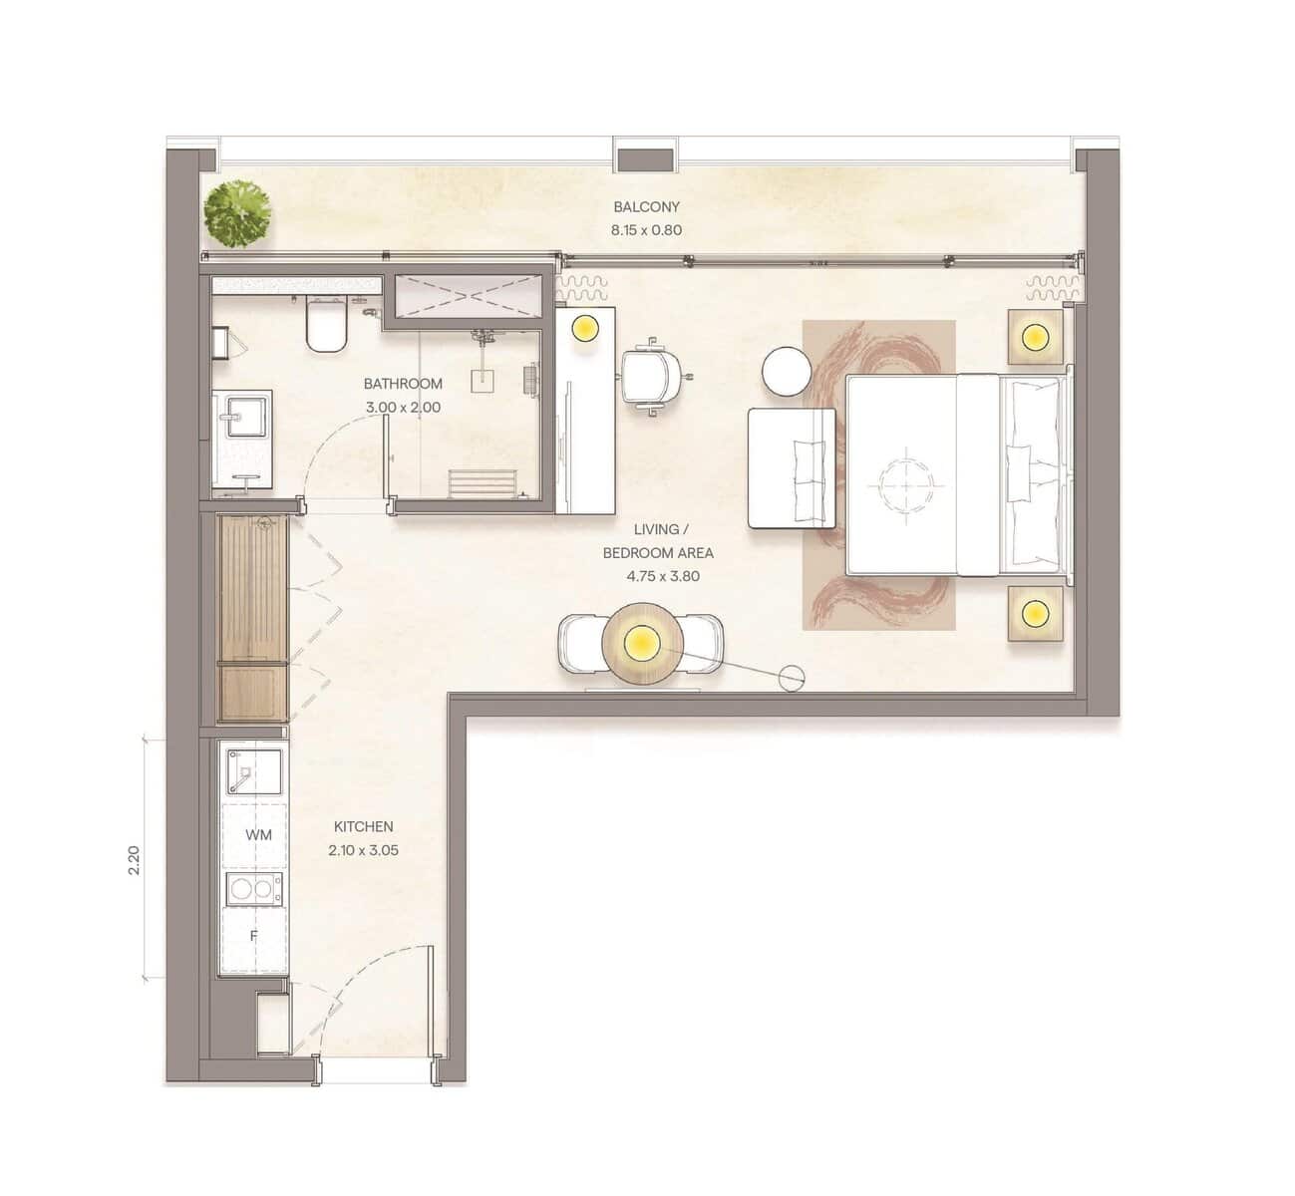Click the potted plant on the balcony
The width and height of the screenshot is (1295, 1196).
[x=237, y=213]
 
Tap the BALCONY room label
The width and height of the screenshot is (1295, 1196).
[x=646, y=206]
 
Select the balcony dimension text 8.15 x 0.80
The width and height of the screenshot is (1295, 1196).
[x=646, y=230]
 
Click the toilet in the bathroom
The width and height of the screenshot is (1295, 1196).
[x=325, y=324]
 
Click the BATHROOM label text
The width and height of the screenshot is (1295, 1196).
[x=403, y=384]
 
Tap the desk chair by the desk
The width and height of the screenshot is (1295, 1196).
[x=652, y=377]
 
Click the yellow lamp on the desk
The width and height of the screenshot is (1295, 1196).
[x=585, y=327]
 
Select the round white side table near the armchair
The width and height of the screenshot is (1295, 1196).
[x=787, y=371]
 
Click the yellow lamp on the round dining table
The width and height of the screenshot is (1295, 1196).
[x=642, y=643]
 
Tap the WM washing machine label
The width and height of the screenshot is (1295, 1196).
[x=258, y=835]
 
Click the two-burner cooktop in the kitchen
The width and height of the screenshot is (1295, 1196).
[x=254, y=889]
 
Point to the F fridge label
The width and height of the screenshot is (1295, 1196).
[x=253, y=936]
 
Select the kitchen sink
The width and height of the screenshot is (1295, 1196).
[x=253, y=772]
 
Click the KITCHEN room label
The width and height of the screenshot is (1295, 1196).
[x=363, y=827]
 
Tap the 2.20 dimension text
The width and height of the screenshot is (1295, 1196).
[x=134, y=860]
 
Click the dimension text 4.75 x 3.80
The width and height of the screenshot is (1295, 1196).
[x=663, y=576]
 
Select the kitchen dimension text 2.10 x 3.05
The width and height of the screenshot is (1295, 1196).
[x=363, y=850]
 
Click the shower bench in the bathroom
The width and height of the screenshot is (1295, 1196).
[x=482, y=483]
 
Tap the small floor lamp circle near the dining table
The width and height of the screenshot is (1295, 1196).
[x=792, y=678]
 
